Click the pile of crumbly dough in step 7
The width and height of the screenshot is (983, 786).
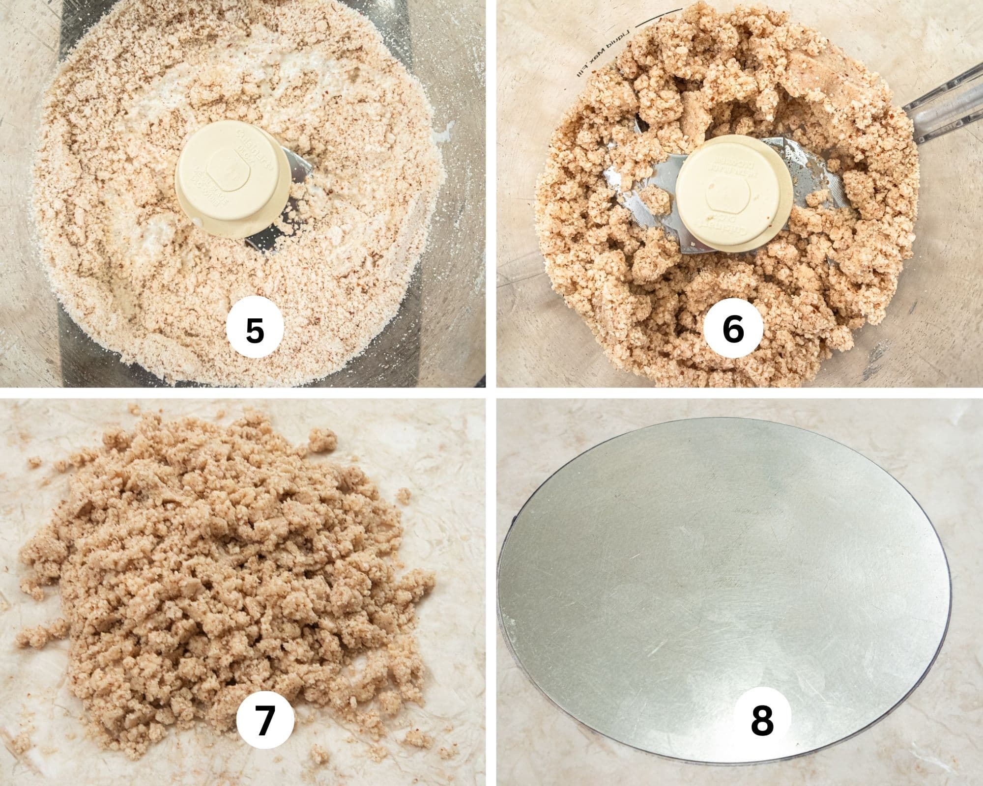211,565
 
